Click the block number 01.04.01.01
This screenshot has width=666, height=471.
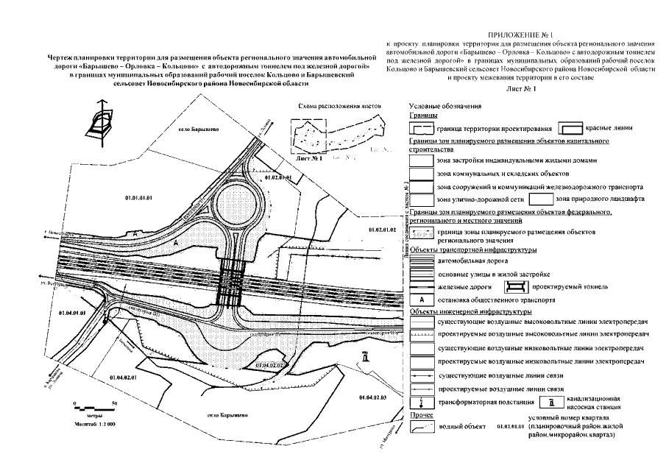75,314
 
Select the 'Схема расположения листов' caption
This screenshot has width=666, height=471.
339,105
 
